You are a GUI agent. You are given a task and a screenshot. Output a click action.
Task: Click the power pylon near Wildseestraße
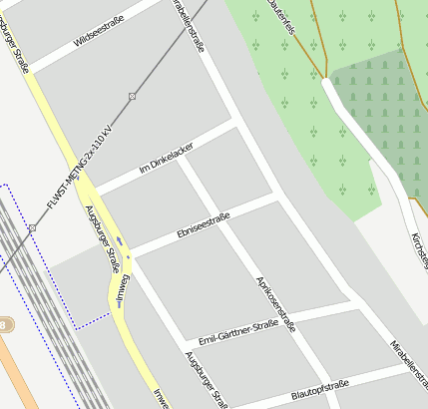(132, 96)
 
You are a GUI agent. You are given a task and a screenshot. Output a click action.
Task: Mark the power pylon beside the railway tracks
(33, 228)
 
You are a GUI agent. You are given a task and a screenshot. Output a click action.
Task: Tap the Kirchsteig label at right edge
(419, 249)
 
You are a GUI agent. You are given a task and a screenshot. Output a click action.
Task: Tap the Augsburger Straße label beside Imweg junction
(103, 239)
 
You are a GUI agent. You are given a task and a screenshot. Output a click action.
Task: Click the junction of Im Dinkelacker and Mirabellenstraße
(236, 125)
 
